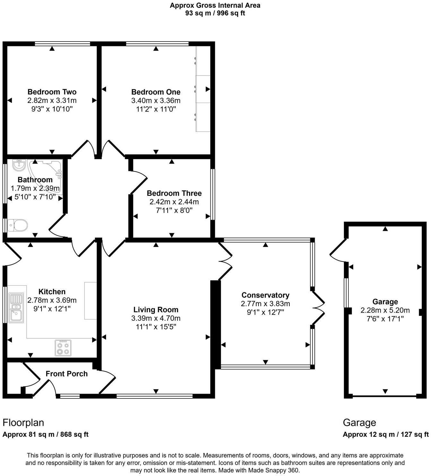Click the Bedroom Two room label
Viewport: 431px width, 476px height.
click(52, 92)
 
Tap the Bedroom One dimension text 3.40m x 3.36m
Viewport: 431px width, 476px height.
click(156, 101)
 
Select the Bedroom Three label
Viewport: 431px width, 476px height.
click(174, 193)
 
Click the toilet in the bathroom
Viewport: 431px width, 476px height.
click(17, 225)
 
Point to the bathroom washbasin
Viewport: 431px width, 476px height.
click(19, 166)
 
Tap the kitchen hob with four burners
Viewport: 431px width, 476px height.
click(63, 348)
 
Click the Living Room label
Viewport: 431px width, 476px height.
click(156, 310)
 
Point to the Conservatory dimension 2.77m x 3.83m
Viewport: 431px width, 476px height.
click(265, 304)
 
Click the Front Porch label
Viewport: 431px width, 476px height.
click(66, 374)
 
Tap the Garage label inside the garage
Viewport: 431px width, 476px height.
click(385, 302)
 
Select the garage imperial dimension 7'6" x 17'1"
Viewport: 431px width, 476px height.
click(385, 319)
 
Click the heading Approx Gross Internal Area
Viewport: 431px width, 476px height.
click(215, 5)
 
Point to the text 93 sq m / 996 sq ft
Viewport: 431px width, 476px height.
click(215, 13)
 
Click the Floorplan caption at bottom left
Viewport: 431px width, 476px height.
click(23, 422)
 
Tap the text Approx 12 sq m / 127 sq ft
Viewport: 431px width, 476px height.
click(385, 435)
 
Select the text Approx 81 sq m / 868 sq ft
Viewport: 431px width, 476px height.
click(45, 435)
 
